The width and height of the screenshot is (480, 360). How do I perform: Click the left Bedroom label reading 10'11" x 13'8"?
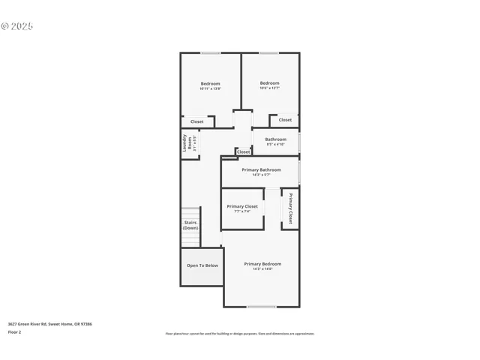[210, 85]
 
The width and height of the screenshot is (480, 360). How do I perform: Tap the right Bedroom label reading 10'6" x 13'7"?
[269, 85]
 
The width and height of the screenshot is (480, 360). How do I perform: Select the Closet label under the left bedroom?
[196, 121]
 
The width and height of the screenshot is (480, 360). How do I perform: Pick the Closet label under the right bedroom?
[285, 120]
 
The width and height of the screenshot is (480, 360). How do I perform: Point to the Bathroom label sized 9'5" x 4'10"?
[275, 141]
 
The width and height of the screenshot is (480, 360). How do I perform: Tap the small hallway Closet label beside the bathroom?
[244, 152]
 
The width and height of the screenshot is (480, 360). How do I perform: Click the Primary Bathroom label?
[261, 172]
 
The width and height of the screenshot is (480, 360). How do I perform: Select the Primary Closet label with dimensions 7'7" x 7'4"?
[242, 208]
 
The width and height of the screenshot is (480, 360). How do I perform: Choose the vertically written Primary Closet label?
[290, 208]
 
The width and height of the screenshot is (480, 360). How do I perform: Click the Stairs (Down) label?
[190, 225]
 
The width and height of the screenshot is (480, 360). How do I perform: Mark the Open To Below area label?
[202, 265]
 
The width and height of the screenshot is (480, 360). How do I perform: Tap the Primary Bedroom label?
[262, 265]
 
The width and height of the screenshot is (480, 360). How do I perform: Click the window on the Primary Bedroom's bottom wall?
[262, 307]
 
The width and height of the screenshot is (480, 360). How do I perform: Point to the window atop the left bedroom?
[210, 52]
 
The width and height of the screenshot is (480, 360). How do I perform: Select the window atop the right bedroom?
[269, 52]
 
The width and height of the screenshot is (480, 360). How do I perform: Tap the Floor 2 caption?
[14, 331]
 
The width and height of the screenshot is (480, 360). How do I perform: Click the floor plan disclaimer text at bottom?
[240, 334]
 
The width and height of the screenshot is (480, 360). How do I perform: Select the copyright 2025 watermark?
[17, 25]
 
